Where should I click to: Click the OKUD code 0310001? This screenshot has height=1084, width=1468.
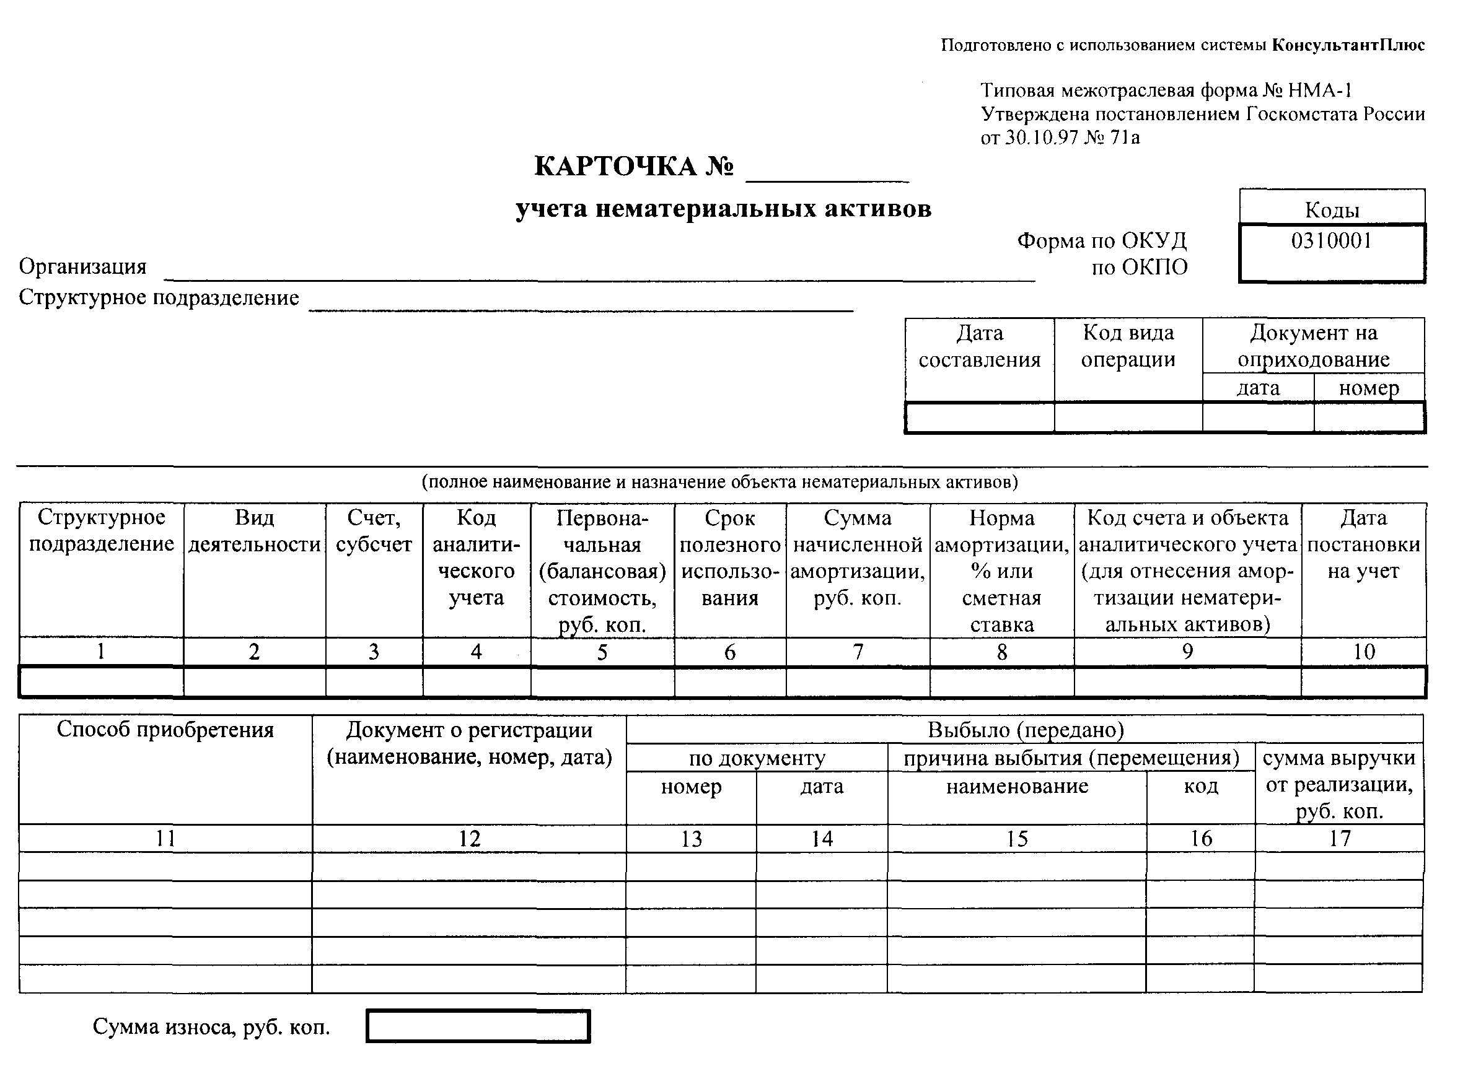click(x=1332, y=241)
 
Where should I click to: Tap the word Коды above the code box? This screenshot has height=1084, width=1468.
click(x=1332, y=210)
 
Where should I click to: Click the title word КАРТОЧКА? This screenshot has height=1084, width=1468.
click(x=615, y=167)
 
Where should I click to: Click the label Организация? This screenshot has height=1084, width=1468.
click(x=82, y=267)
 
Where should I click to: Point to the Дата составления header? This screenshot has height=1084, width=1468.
click(x=979, y=346)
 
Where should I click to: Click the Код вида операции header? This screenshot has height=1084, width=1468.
click(x=1128, y=346)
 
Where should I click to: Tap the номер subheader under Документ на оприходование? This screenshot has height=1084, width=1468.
click(x=1369, y=388)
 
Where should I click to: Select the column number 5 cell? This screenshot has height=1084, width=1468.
click(x=602, y=652)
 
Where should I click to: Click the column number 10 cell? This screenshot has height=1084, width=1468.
click(x=1364, y=652)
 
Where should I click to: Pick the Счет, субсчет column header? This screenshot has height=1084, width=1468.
click(x=374, y=531)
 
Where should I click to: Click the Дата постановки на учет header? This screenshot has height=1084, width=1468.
click(x=1364, y=544)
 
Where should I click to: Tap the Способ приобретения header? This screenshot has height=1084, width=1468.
click(x=165, y=730)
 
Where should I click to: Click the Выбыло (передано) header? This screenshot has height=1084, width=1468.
click(x=1026, y=730)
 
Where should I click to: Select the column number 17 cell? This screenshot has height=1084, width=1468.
click(x=1339, y=839)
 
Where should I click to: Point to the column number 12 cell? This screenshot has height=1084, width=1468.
click(x=469, y=839)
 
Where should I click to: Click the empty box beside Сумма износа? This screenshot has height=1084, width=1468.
click(x=478, y=1026)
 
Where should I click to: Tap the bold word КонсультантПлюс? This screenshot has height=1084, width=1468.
click(x=1348, y=45)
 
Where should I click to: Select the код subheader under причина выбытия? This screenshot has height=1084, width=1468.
click(x=1201, y=786)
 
